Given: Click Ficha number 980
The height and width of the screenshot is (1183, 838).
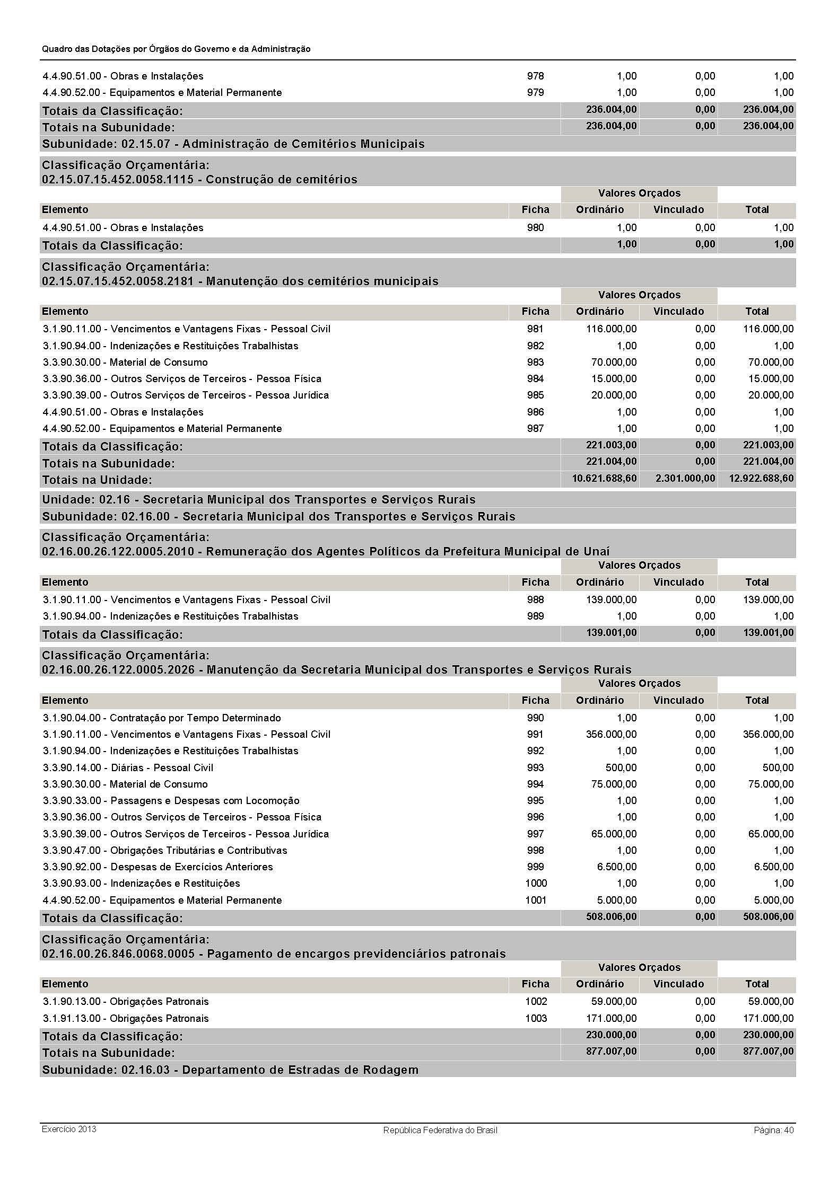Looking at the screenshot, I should pyautogui.click(x=535, y=228).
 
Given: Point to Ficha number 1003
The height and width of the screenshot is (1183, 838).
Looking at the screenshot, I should pyautogui.click(x=536, y=1018).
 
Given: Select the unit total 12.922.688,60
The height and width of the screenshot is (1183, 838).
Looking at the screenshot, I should pyautogui.click(x=762, y=479).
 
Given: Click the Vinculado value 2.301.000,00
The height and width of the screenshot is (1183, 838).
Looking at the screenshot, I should pyautogui.click(x=685, y=479).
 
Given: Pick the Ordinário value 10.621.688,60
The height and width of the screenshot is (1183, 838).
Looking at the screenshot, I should pyautogui.click(x=604, y=479).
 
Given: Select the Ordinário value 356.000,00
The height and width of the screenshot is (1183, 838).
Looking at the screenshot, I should pyautogui.click(x=611, y=734).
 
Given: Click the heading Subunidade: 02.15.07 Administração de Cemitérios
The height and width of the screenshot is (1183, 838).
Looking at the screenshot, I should pyautogui.click(x=233, y=144).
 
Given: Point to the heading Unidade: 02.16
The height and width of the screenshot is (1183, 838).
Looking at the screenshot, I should pyautogui.click(x=258, y=500).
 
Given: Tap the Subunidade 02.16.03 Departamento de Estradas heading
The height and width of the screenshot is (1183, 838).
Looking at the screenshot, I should pyautogui.click(x=230, y=1070).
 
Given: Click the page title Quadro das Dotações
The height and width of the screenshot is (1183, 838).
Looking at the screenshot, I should pyautogui.click(x=176, y=49).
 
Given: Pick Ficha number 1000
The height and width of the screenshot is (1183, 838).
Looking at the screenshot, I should pyautogui.click(x=536, y=883).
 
